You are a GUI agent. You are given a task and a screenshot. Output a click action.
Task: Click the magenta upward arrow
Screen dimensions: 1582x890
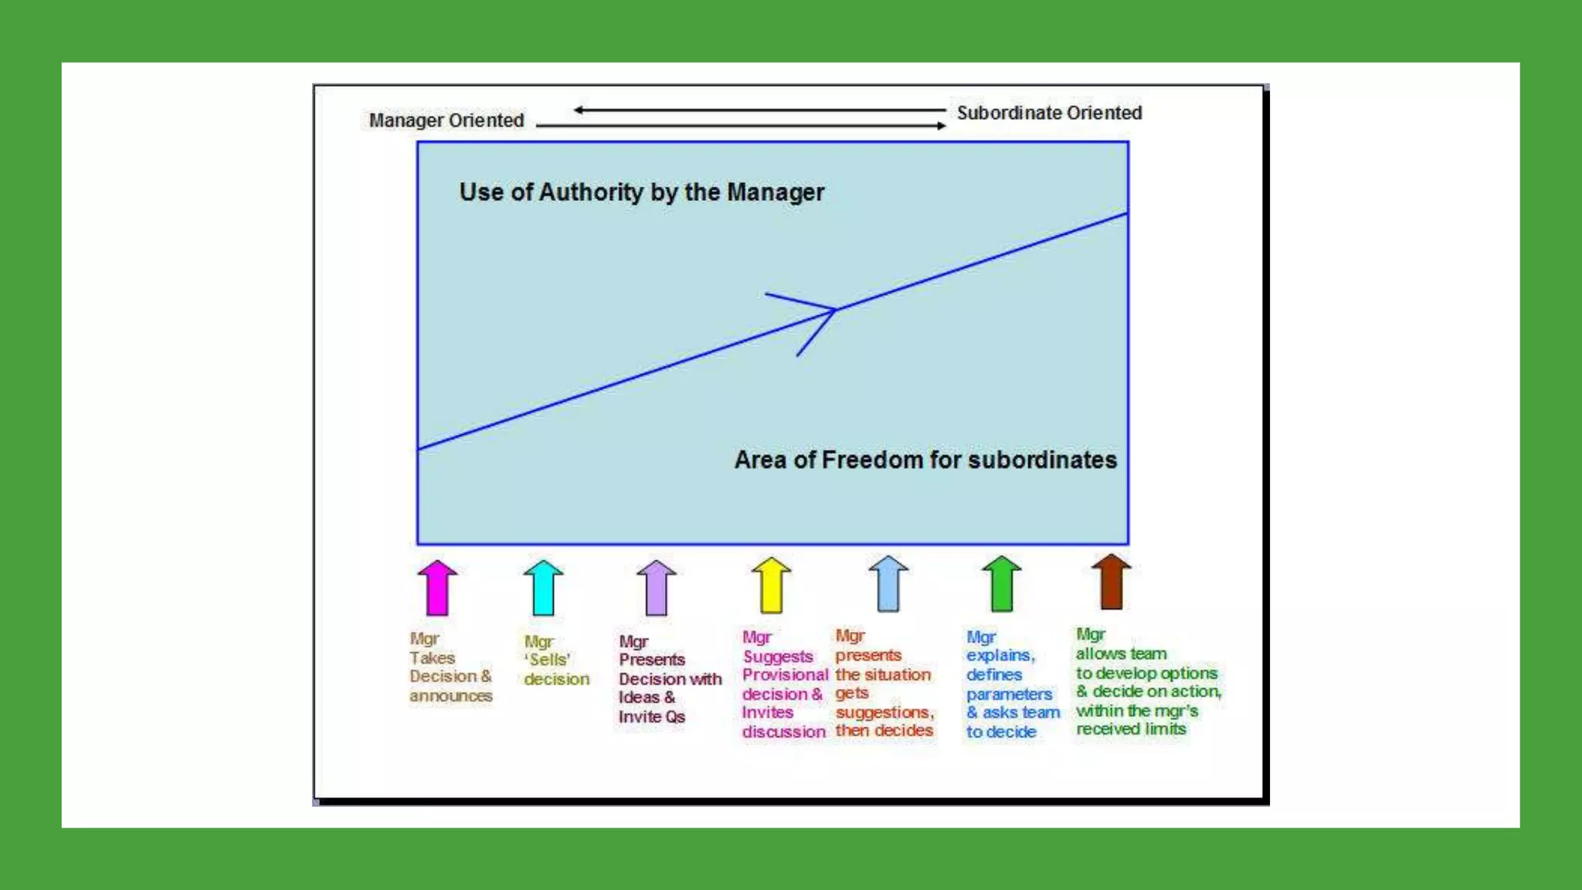[x=437, y=588]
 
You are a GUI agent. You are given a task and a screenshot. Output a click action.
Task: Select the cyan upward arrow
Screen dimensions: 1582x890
[x=543, y=588]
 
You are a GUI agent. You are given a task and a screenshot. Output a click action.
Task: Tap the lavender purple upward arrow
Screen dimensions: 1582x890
[x=656, y=588]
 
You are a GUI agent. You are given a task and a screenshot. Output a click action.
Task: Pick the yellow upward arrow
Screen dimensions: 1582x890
[x=771, y=586]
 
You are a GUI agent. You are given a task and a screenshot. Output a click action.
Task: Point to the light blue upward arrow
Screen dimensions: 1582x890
[x=888, y=584]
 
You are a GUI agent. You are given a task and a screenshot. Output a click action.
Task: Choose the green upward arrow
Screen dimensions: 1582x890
[x=1001, y=584]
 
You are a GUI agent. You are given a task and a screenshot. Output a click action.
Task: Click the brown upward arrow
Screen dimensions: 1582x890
[x=1111, y=582]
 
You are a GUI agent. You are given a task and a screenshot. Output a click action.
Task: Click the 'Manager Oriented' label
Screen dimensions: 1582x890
[x=446, y=121]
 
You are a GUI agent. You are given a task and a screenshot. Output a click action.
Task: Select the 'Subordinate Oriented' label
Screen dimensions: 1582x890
[x=1049, y=113]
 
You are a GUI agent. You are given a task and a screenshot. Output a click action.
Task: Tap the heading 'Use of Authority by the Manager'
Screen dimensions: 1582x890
[x=641, y=192]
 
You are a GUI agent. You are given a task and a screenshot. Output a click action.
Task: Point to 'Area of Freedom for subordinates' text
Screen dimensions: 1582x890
[x=925, y=460]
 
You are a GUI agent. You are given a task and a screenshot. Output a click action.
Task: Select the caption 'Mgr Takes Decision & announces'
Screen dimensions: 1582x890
[x=450, y=667]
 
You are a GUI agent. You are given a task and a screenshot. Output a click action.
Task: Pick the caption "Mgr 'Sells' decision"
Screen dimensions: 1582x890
[x=556, y=661]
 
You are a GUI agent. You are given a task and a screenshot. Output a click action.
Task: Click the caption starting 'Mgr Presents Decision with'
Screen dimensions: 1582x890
[x=670, y=679]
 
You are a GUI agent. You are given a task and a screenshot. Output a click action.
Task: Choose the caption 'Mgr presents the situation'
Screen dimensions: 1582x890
[x=884, y=683]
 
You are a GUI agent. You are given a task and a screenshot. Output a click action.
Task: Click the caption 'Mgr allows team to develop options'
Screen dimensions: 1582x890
[x=1148, y=681]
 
